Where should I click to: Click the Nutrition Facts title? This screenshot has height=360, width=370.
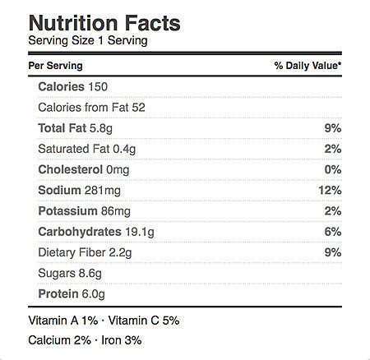point(104,23)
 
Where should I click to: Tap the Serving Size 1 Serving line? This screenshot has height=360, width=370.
point(88,41)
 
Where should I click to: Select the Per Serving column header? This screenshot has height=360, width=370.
point(55,66)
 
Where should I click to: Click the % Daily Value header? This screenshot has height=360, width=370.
point(308,66)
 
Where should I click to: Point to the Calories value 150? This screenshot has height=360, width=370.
point(98,87)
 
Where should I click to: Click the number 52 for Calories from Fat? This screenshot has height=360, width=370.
point(138,108)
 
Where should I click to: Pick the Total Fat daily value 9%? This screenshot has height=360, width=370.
point(333,128)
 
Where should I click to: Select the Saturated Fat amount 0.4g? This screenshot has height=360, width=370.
point(124,150)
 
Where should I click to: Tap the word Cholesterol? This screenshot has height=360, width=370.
point(71,169)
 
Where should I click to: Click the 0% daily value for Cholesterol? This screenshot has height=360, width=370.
point(333,169)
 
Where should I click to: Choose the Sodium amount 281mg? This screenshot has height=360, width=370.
point(103,191)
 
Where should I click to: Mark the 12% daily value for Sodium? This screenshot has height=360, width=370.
point(330,190)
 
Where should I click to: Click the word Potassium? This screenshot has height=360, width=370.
point(67,211)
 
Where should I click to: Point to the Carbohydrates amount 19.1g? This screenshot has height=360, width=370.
point(140,233)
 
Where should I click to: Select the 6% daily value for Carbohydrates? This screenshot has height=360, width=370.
point(333,232)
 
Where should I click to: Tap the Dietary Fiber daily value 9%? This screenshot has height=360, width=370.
point(333,252)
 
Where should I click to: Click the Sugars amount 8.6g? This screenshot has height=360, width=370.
point(90,274)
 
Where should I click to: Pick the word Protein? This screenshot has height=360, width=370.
point(58,294)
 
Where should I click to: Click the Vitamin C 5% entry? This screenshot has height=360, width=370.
point(144,321)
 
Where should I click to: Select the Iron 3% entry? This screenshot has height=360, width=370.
point(122,340)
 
